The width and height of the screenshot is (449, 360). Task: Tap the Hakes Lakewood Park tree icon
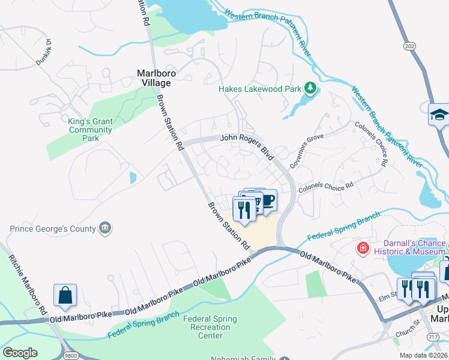pyautogui.click(x=310, y=89)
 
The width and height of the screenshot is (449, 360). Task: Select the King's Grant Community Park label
pyautogui.click(x=90, y=130)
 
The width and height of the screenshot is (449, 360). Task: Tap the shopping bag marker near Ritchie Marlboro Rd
pyautogui.click(x=65, y=295)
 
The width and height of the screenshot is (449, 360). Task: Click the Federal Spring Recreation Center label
pyautogui.click(x=210, y=327)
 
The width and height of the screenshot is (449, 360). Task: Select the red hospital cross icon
pyautogui.click(x=363, y=248)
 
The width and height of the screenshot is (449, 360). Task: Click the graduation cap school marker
pyautogui.click(x=440, y=115)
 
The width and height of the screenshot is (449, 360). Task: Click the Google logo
pyautogui.click(x=20, y=352)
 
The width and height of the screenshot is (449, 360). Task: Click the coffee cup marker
pyautogui.click(x=267, y=200)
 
